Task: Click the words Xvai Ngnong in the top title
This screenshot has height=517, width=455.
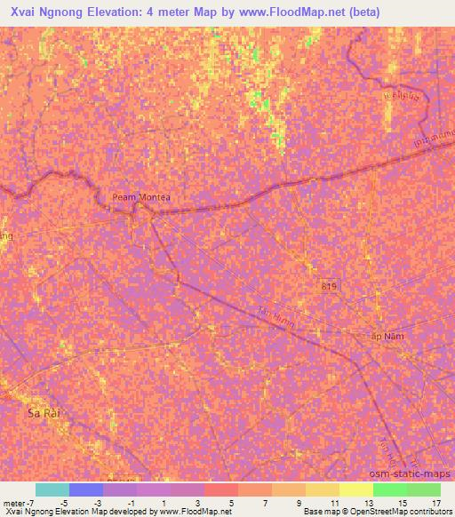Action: tap(51, 12)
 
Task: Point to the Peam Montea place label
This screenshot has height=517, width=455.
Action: tap(140, 198)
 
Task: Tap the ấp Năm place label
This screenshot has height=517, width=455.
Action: tap(386, 337)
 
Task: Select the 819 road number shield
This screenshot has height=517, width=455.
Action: tap(329, 283)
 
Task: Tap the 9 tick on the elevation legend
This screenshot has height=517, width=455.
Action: tap(298, 502)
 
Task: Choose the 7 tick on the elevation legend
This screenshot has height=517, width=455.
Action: tap(264, 502)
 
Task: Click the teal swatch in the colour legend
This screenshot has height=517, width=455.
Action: tap(52, 489)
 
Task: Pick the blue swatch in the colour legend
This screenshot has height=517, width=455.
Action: tap(85, 489)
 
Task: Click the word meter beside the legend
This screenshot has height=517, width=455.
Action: tap(14, 502)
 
